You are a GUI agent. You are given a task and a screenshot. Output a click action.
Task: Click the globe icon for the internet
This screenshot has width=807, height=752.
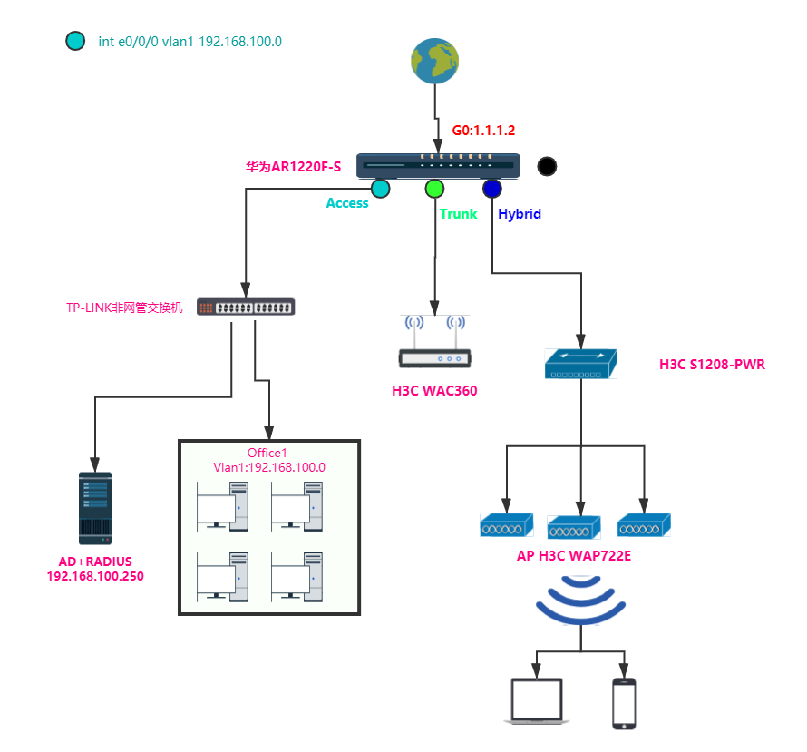point(433,61)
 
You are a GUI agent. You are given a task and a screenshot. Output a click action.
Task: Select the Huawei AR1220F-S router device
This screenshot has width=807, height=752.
point(439,165)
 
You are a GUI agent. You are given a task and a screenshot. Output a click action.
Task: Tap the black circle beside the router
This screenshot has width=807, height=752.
point(547,166)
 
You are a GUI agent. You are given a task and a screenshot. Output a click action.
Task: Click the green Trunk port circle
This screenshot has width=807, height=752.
point(435,189)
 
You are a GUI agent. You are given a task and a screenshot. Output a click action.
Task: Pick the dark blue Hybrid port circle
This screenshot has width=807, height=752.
point(492,189)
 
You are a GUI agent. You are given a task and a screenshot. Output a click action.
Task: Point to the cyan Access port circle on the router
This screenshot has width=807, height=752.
point(380,189)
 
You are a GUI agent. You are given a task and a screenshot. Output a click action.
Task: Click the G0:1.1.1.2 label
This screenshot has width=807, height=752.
point(483,131)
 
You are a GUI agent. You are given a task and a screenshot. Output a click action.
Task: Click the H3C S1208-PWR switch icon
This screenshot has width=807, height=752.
point(580,363)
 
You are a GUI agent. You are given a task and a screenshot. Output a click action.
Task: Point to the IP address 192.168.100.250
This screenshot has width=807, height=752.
point(95,576)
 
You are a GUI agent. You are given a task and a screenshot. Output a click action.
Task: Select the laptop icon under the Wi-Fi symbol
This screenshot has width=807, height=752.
point(537,702)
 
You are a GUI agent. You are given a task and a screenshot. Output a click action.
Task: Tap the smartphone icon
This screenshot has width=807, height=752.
point(624,702)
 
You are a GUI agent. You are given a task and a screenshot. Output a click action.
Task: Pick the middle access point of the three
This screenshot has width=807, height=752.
point(574,526)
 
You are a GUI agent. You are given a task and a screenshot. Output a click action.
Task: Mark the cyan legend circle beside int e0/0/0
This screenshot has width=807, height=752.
point(75,41)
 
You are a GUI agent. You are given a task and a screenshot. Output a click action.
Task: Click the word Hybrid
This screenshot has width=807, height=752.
point(520,214)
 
